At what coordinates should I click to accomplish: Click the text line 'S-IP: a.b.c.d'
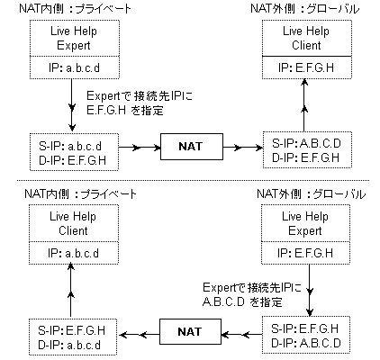(x=70, y=146)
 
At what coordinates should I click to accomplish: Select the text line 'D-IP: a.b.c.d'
(x=69, y=345)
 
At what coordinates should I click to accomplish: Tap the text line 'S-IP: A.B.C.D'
(x=306, y=143)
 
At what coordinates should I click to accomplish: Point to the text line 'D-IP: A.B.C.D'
(x=306, y=343)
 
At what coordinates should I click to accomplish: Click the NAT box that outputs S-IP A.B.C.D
(x=192, y=147)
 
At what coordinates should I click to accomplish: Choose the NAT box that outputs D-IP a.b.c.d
(x=190, y=331)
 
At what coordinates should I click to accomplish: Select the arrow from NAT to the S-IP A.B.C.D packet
(x=243, y=148)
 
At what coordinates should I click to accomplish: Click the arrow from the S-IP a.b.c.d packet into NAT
(x=140, y=148)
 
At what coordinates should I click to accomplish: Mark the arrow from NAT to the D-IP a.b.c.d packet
(x=139, y=334)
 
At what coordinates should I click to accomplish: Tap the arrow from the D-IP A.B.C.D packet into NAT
(x=241, y=334)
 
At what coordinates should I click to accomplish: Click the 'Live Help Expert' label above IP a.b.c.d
(x=74, y=38)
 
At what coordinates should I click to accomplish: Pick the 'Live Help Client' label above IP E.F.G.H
(x=306, y=38)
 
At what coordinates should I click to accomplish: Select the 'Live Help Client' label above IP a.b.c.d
(x=73, y=223)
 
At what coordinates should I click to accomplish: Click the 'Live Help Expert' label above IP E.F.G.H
(x=305, y=223)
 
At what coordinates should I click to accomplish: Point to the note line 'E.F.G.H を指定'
(x=125, y=111)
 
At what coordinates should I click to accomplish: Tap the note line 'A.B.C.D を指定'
(x=242, y=301)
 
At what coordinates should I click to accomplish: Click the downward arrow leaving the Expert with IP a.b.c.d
(x=72, y=105)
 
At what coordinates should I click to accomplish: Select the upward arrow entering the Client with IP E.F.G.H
(x=304, y=105)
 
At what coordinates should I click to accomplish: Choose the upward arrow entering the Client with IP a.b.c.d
(x=71, y=290)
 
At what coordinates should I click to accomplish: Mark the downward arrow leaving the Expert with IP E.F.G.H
(x=309, y=290)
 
